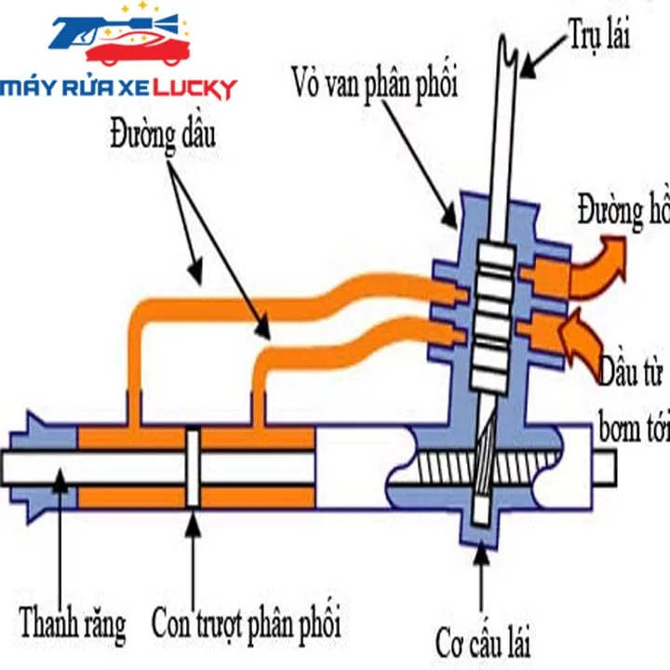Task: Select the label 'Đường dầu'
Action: pyautogui.click(x=164, y=136)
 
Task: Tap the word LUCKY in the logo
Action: pyautogui.click(x=194, y=89)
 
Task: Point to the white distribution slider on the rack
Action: pyautogui.click(x=193, y=467)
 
